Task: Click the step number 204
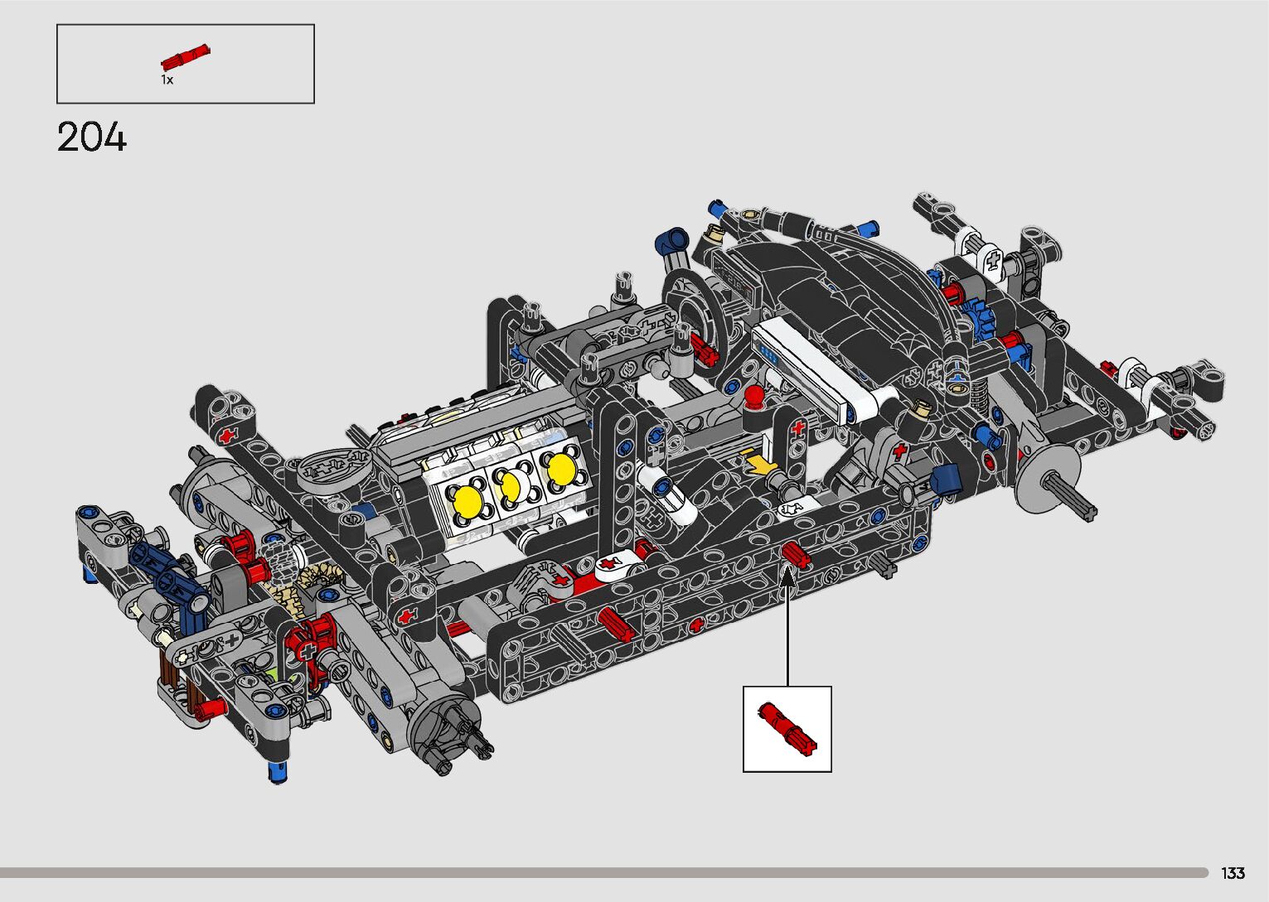click(x=92, y=137)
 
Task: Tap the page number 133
click(x=1233, y=872)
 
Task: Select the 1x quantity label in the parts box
click(x=167, y=80)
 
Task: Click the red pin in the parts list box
click(x=185, y=57)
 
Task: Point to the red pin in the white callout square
click(x=787, y=729)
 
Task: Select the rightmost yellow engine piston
click(x=561, y=468)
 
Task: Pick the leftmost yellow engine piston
click(x=467, y=501)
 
